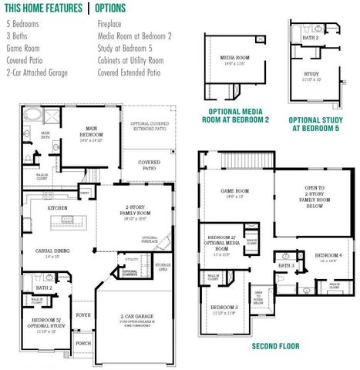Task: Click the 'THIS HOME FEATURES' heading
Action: [x=42, y=8]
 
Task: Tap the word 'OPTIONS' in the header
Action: [x=116, y=8]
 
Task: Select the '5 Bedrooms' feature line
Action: [x=22, y=24]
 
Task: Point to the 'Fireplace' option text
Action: [x=111, y=24]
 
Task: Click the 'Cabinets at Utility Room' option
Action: [x=131, y=60]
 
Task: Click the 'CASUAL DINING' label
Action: [x=52, y=251]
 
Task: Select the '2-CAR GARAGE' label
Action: [x=134, y=317]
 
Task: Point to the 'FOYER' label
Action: [x=83, y=314]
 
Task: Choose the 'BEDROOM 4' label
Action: [x=328, y=255]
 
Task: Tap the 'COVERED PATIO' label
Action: [x=149, y=165]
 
